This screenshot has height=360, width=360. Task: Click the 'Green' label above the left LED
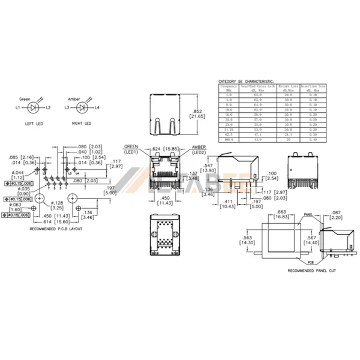point(25,98)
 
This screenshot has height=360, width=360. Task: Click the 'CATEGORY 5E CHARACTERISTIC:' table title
point(245,80)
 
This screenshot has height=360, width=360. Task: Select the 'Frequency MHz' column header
point(228,88)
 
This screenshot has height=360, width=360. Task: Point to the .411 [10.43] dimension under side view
point(227,203)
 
